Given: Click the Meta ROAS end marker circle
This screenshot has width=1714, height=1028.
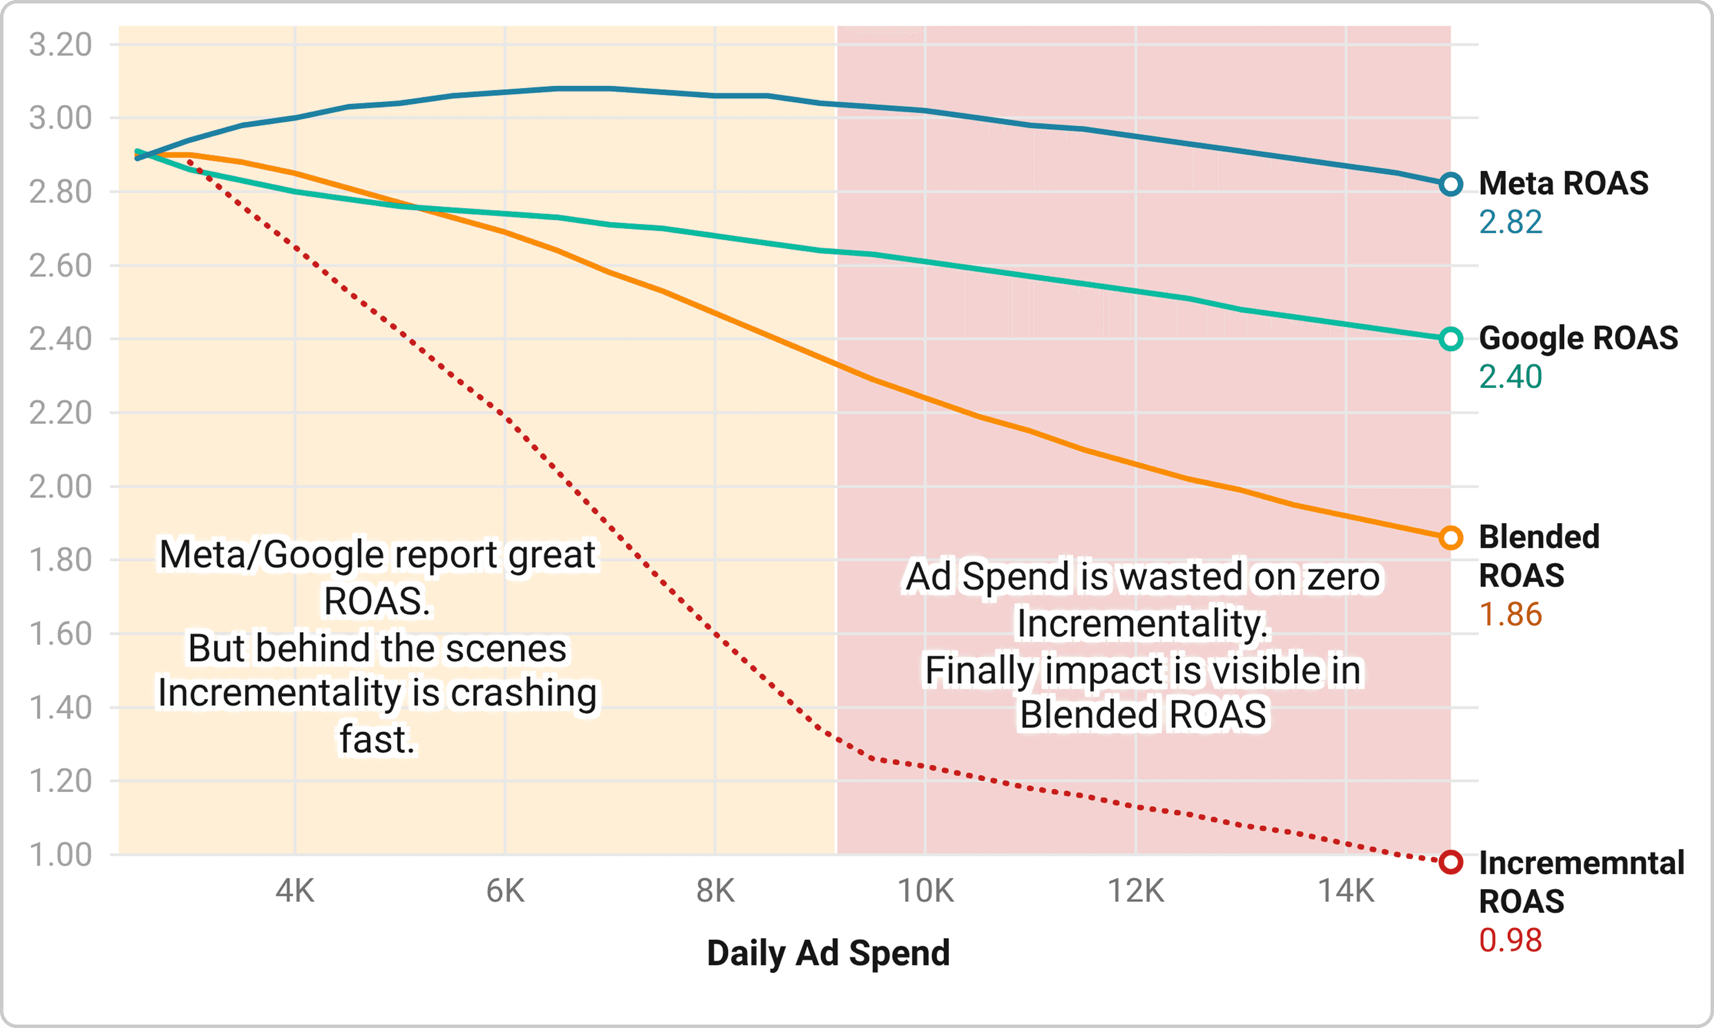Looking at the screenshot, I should (1450, 184).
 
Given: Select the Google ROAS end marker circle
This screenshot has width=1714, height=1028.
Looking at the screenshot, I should (1450, 339).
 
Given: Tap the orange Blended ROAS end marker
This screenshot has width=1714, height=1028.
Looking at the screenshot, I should (1450, 537).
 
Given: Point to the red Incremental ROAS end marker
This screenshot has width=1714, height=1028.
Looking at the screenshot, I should (1450, 862).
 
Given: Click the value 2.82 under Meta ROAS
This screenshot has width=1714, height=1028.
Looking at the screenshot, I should (1510, 222).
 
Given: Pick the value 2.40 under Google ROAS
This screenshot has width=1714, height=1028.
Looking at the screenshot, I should (1510, 377).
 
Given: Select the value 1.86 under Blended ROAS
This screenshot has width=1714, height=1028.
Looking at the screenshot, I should (1510, 615).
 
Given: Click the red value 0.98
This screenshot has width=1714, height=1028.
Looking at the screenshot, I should (1510, 941).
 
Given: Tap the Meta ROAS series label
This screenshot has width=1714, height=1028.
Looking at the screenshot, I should (1564, 183).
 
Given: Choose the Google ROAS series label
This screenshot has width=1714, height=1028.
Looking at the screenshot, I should (1578, 338).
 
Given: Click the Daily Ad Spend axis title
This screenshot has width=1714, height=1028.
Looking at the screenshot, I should (828, 953).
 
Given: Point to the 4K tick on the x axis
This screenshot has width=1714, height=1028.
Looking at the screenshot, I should (295, 891).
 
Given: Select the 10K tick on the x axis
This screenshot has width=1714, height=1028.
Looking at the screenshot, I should (926, 891).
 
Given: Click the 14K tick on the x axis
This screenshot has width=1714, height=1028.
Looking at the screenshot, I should (1345, 891).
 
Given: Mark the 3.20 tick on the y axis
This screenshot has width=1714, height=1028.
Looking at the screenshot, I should (60, 45).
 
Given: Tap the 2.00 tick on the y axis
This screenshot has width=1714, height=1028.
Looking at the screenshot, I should (60, 487).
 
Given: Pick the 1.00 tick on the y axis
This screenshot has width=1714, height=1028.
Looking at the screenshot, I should (60, 855).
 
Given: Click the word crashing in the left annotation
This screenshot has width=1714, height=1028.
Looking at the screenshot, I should (524, 693).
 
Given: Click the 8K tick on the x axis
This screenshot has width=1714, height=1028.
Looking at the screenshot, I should (715, 891).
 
